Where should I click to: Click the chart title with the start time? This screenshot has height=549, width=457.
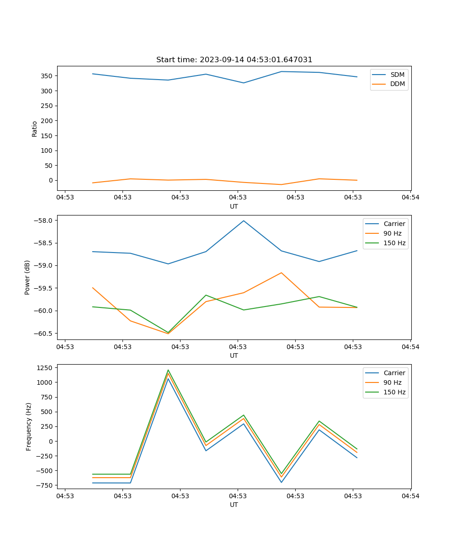pyautogui.click(x=234, y=60)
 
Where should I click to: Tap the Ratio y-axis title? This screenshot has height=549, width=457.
pyautogui.click(x=35, y=129)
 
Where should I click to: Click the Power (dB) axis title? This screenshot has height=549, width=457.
pyautogui.click(x=28, y=277)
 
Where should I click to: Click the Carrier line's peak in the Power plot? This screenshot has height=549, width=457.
pyautogui.click(x=244, y=221)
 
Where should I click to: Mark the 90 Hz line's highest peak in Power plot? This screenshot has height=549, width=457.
pyautogui.click(x=282, y=273)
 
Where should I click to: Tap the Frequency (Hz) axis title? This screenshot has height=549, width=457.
pyautogui.click(x=29, y=426)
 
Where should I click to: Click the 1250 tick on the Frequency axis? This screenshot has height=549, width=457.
pyautogui.click(x=46, y=367)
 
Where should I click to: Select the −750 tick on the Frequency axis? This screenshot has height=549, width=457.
pyautogui.click(x=45, y=485)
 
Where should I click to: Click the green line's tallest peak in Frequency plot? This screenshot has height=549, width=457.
pyautogui.click(x=168, y=370)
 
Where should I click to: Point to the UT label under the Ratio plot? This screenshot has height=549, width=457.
pyautogui.click(x=234, y=206)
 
